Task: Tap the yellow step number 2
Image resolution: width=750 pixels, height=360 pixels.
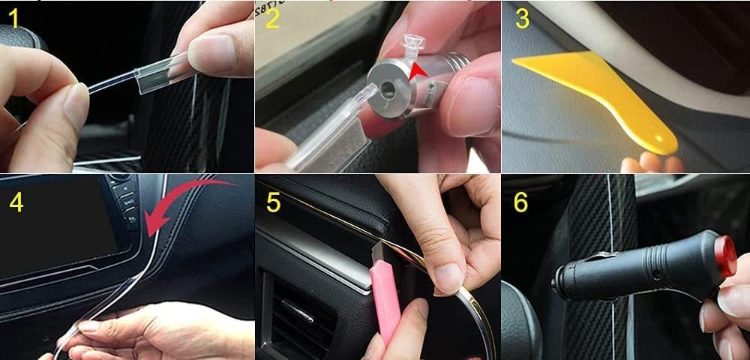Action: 272,19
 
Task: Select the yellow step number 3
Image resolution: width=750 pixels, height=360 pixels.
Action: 522,19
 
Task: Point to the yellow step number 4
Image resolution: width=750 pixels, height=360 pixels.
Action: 16,202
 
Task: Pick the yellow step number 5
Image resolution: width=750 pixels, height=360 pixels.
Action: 274,202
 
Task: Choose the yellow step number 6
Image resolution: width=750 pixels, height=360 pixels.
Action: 521,202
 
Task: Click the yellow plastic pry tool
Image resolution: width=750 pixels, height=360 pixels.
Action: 598,95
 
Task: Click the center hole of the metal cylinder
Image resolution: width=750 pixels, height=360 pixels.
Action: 388,89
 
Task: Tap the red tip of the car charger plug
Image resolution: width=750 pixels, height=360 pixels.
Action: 725,256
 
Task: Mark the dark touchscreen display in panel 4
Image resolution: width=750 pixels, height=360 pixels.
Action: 58,225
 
